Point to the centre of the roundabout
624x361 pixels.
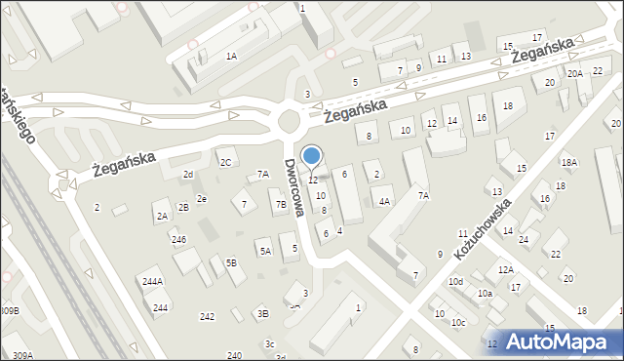(x=290, y=122)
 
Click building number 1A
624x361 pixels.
(x=231, y=56)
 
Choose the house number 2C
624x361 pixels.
(x=225, y=162)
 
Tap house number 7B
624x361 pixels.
(x=281, y=205)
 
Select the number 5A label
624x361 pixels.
(x=264, y=251)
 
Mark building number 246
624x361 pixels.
(x=178, y=239)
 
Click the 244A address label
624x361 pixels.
(x=152, y=281)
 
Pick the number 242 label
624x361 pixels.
(x=207, y=316)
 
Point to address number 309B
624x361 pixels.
(x=10, y=310)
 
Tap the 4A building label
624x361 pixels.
(x=384, y=201)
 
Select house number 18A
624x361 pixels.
(x=568, y=162)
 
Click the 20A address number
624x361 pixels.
(x=575, y=73)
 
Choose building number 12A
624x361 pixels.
(x=505, y=269)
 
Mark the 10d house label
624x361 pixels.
(x=455, y=281)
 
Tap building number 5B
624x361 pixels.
(x=231, y=261)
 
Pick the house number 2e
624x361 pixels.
(x=201, y=198)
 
